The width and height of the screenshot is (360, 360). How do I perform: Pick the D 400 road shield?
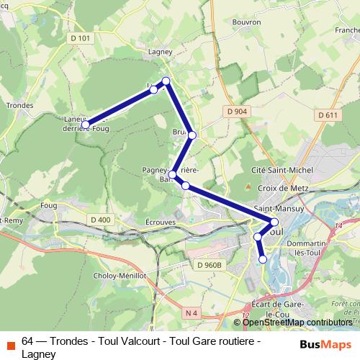click(101, 219)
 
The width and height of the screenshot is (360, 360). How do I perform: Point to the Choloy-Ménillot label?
click(120, 275)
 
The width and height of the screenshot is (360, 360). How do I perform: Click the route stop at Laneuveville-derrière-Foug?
click(86, 125)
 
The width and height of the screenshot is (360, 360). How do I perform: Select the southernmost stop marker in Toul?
click(263, 259)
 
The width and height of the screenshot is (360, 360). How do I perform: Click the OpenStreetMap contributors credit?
click(297, 322)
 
